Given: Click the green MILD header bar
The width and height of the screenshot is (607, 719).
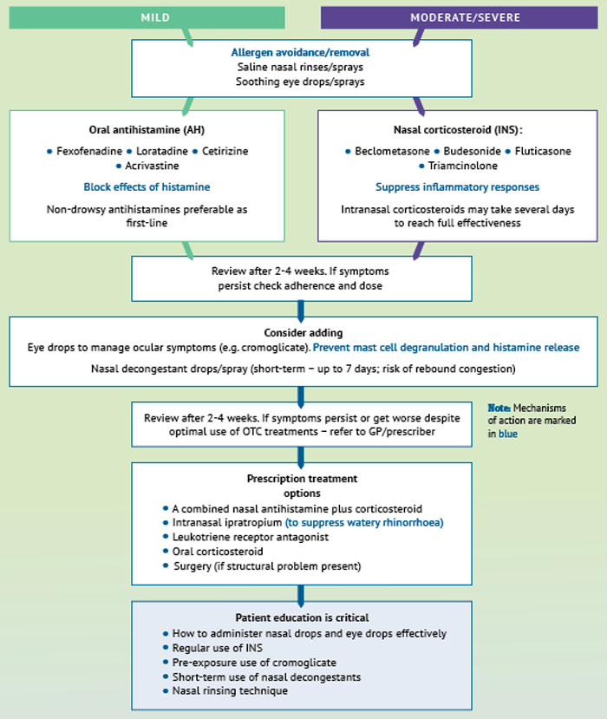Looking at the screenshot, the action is (147, 17).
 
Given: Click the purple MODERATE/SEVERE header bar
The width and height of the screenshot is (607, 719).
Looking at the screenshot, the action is (459, 17).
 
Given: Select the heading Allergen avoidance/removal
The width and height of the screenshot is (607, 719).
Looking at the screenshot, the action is (300, 52).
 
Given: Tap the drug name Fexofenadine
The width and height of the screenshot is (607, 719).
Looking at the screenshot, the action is (89, 151).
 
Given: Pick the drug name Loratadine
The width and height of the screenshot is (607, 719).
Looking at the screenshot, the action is (162, 151).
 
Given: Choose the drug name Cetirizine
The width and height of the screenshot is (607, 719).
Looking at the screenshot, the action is (225, 151).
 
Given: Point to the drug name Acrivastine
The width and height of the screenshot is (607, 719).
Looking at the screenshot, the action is (153, 166).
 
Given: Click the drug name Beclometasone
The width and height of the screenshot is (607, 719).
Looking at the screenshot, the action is (393, 151).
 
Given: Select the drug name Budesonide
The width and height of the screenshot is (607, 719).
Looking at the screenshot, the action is (473, 151).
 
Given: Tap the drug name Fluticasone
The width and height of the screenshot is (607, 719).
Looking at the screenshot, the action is (543, 151).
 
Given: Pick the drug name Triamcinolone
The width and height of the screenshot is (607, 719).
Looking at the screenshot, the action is (462, 166).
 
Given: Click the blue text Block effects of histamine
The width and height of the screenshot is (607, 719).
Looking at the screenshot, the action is (147, 187).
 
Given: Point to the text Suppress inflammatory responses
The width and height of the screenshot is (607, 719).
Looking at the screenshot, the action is (458, 187).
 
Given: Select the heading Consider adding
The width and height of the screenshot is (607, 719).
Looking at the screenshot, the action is (303, 333).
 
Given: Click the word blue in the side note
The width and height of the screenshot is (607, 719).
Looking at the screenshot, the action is (508, 434).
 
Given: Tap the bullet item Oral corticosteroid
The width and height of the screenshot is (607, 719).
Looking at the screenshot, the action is (218, 552).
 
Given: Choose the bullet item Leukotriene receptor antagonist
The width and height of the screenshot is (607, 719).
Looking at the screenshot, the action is (251, 537).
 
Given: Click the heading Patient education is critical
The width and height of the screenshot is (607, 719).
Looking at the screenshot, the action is (302, 618).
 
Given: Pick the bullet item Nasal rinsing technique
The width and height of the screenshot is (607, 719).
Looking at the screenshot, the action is (230, 691).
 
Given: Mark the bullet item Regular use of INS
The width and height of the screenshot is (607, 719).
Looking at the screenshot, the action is (218, 648).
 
